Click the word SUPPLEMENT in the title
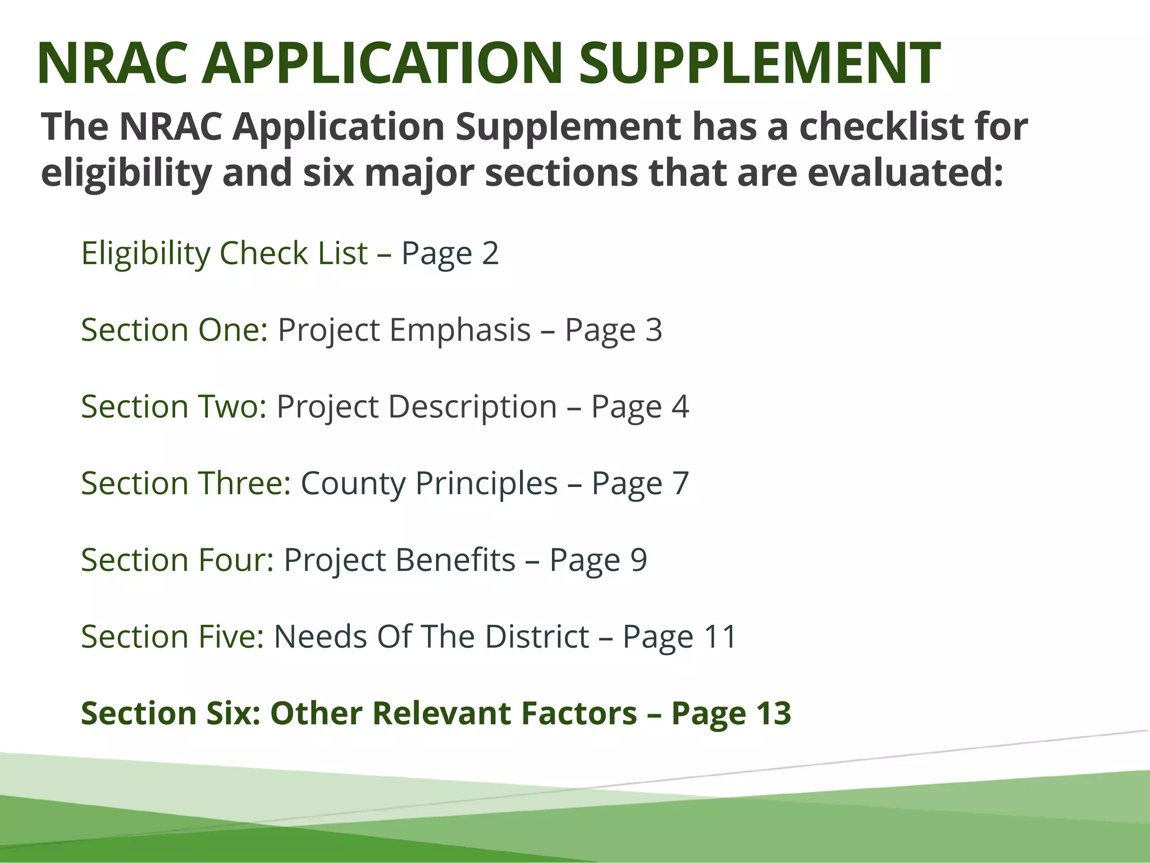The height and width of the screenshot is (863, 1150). point(759,63)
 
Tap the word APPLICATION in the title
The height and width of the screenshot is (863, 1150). point(382,63)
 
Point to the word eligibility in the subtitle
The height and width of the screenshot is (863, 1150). point(126,172)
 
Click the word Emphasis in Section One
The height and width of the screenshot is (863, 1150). point(460,330)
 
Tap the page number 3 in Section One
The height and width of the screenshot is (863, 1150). point(654,330)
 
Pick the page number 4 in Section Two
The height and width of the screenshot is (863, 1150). point(680,406)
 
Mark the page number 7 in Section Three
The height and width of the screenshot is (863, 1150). point(680,483)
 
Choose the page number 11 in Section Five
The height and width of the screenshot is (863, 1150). point(720,637)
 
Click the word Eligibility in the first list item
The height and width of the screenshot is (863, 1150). point(145,253)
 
